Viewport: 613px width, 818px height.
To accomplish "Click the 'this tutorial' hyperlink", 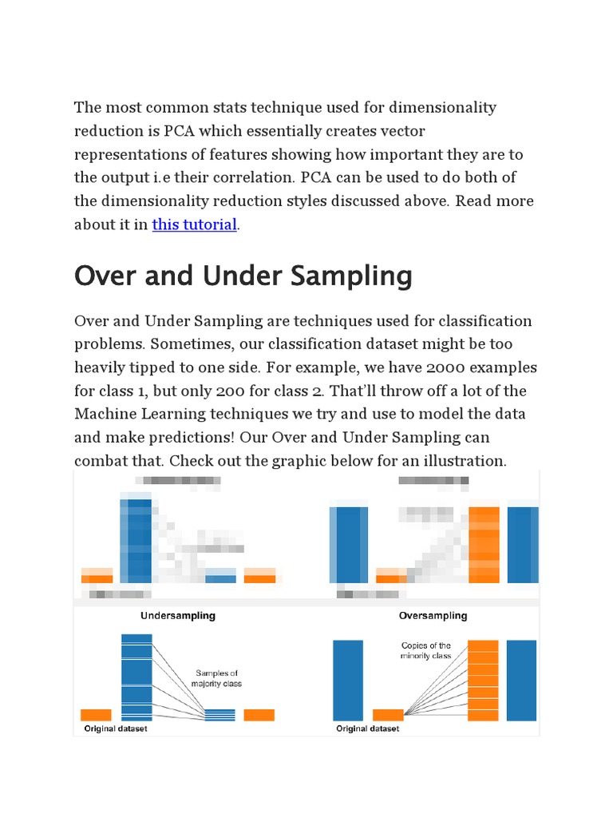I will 194,224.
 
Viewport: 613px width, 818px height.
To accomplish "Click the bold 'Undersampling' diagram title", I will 178,616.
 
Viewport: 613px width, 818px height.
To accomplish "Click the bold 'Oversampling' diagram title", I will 433,616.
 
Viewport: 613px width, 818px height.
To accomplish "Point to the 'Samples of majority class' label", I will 216,678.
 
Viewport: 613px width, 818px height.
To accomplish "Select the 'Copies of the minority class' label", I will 425,650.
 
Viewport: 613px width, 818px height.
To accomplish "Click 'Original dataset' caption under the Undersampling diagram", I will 116,729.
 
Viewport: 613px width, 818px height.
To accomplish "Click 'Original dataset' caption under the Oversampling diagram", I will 368,729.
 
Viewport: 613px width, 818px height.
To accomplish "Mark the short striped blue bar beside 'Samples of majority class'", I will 220,715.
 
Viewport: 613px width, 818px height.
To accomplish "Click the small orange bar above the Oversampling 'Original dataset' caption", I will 389,715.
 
